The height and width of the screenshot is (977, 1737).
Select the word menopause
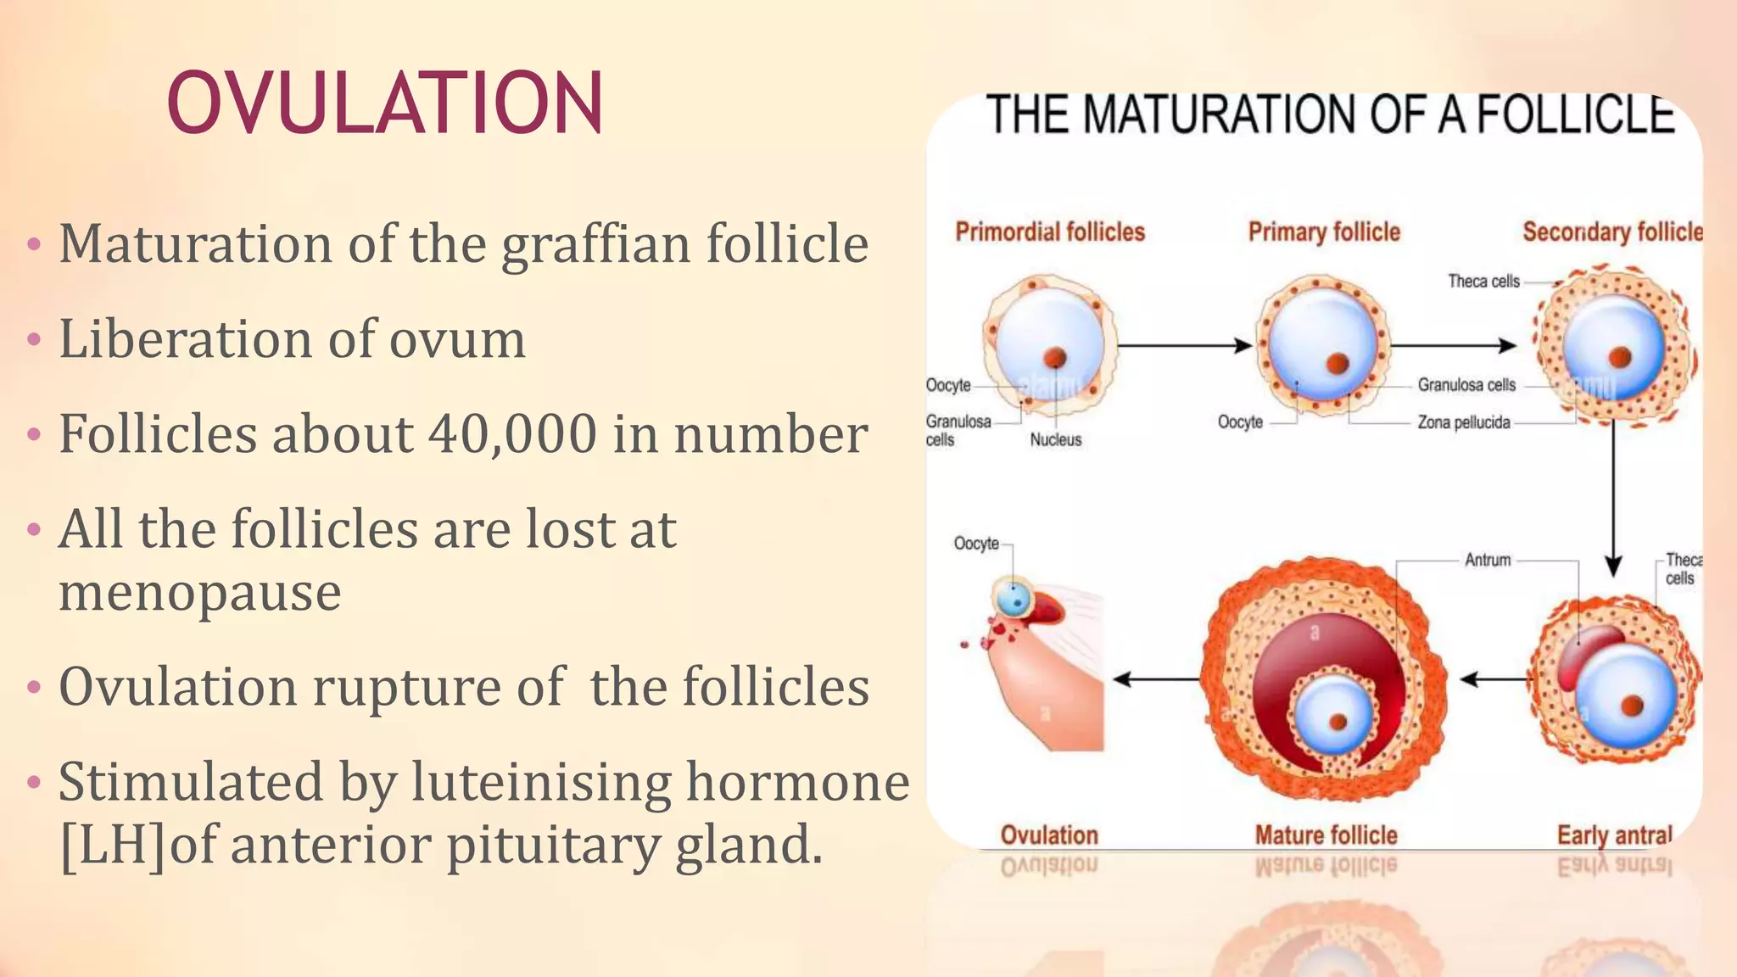[x=200, y=591]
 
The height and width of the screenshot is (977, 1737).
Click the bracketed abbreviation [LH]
[x=114, y=845]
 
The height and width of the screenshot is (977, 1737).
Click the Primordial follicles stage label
[x=1050, y=232]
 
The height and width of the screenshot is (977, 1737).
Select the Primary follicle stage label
[x=1324, y=232]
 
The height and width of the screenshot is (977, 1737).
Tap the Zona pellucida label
[x=1464, y=422]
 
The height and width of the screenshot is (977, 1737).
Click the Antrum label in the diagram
[x=1488, y=560]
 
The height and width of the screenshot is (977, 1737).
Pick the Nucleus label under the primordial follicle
[x=1056, y=439]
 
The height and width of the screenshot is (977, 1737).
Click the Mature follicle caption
[x=1326, y=835]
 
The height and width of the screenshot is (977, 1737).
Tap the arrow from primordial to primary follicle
[x=1184, y=345]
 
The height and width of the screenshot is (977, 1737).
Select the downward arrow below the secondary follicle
[x=1613, y=500]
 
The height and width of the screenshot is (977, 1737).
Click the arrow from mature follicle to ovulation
[x=1157, y=679]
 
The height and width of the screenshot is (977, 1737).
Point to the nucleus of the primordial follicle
[x=1055, y=357]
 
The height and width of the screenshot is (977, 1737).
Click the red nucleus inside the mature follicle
[x=1338, y=722]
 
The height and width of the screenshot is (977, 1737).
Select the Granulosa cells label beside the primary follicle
[x=1466, y=385]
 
